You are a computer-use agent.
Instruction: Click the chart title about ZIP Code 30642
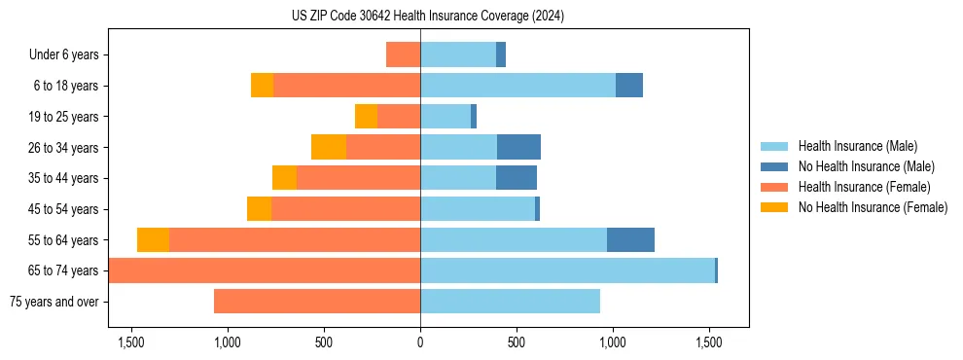pyautogui.click(x=428, y=17)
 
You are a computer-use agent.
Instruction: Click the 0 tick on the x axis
pyautogui.click(x=420, y=342)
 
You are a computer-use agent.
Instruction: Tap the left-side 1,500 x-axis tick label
pyautogui.click(x=130, y=342)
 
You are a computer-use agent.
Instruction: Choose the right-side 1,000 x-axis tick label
pyautogui.click(x=613, y=342)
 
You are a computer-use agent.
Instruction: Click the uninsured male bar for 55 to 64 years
pyautogui.click(x=630, y=240)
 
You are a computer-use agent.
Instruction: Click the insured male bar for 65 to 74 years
pyautogui.click(x=567, y=270)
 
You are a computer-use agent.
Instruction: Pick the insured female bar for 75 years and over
pyautogui.click(x=317, y=302)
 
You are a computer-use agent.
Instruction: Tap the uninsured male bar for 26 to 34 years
pyautogui.click(x=518, y=148)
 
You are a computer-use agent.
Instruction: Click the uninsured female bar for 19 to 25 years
pyautogui.click(x=366, y=117)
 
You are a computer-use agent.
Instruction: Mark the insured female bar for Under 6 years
pyautogui.click(x=403, y=55)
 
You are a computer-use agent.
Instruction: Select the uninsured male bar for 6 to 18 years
pyautogui.click(x=629, y=86)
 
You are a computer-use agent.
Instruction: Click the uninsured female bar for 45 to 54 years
pyautogui.click(x=259, y=209)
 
